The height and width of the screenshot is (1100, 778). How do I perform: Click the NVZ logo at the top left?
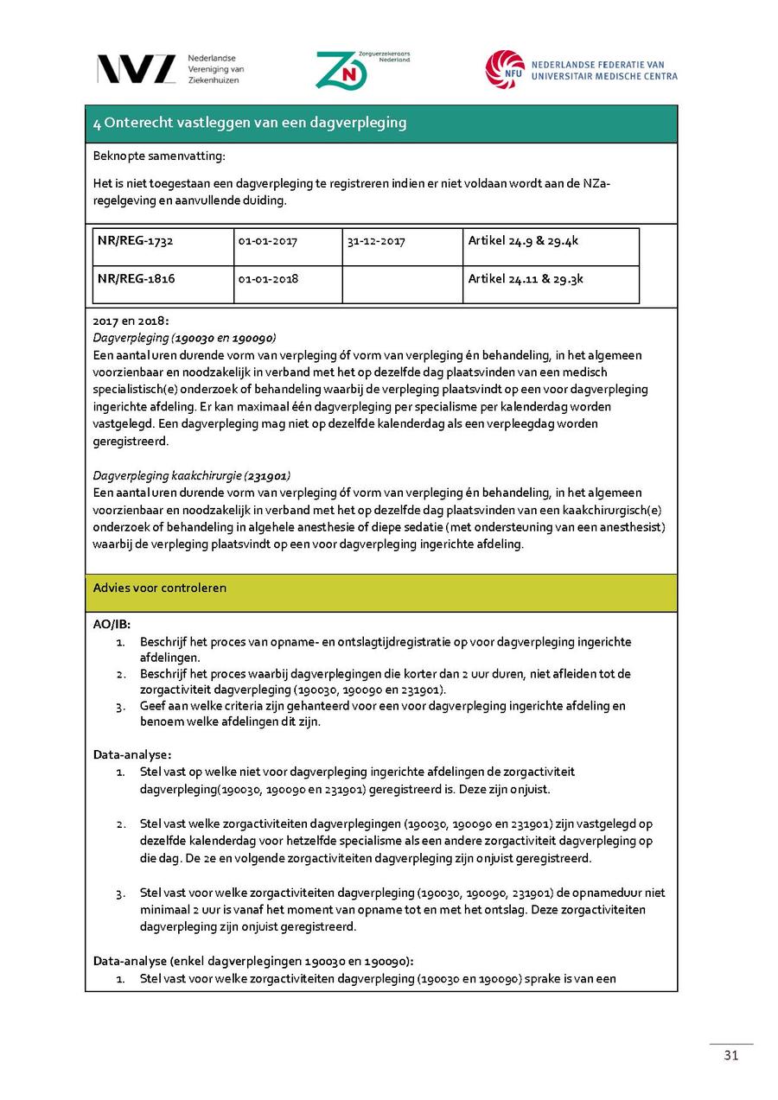coord(136,69)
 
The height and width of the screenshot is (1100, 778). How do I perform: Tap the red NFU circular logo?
coord(505,69)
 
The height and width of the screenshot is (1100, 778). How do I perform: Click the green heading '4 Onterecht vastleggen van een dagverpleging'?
coord(250,123)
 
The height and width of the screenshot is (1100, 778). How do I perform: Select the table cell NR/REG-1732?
coord(136,241)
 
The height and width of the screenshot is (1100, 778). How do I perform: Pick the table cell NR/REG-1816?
coord(136,279)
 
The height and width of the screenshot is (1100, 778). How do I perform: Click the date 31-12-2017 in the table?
coord(376,241)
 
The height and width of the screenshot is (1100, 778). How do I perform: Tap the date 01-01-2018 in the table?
coord(267,279)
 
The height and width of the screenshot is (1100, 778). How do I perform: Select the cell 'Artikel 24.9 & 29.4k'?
coord(523,241)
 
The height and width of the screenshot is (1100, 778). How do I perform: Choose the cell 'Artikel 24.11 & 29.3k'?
coord(526,279)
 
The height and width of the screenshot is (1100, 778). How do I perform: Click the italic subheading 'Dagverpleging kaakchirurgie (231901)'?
coord(191,475)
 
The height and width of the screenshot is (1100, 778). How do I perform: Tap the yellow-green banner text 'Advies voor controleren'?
coord(160,588)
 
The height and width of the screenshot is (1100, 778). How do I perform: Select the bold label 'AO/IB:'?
coord(112,625)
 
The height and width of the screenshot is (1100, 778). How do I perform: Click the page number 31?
coord(731,1057)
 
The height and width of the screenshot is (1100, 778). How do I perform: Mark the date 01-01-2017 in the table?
coord(267,241)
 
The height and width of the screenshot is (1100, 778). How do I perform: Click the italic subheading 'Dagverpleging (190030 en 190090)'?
coord(184,338)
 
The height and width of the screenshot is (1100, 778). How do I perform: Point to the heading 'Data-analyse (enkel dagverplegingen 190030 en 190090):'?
coord(253,961)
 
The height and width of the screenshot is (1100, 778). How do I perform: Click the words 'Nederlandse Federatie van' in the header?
coord(597,64)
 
